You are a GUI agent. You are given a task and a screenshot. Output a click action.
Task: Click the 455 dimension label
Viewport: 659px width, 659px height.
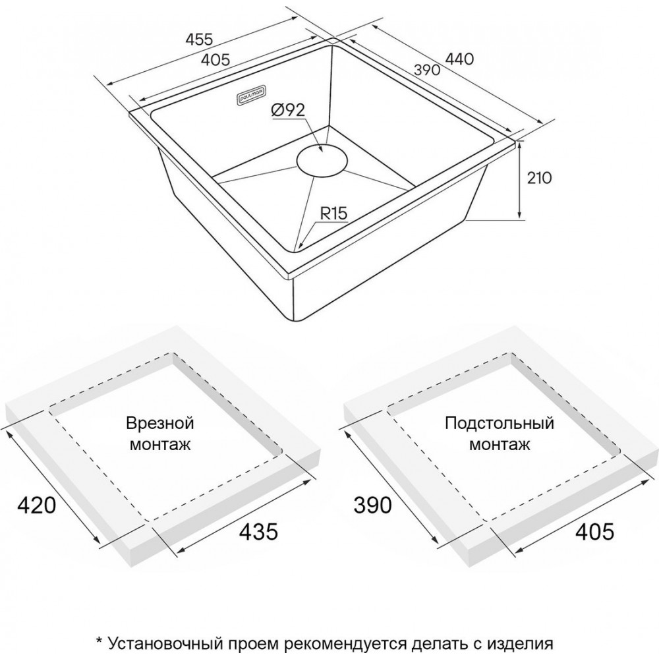pos(200,39)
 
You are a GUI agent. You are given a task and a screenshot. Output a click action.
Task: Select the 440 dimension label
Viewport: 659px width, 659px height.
pos(459,59)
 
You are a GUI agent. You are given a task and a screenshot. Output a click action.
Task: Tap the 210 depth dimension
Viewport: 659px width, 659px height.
pos(539,178)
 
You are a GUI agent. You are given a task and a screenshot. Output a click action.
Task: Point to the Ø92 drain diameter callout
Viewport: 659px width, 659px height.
pos(289,110)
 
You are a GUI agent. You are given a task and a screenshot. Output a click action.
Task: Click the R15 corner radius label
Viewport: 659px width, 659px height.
pos(334,214)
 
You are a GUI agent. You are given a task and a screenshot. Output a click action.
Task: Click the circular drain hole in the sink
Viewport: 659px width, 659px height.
pos(322,160)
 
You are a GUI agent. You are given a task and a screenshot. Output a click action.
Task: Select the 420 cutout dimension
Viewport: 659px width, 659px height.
pos(36,505)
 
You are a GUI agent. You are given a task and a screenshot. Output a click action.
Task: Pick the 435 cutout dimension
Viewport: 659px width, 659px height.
pos(258,531)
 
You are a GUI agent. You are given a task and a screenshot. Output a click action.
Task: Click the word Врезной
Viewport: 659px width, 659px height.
pos(160,422)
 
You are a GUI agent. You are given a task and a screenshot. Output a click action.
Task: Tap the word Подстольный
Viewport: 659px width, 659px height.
pos(500,423)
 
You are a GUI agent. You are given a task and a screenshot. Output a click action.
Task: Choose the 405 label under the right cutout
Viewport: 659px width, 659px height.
pos(594,531)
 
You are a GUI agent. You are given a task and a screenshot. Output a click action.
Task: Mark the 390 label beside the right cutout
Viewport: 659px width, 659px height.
pos(373,505)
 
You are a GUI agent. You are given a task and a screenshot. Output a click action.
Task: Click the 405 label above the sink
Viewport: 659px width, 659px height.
pos(215,60)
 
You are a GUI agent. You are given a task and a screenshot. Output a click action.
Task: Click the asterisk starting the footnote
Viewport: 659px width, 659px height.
pos(100,641)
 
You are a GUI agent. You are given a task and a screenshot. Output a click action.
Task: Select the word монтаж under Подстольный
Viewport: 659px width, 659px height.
pos(500,444)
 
